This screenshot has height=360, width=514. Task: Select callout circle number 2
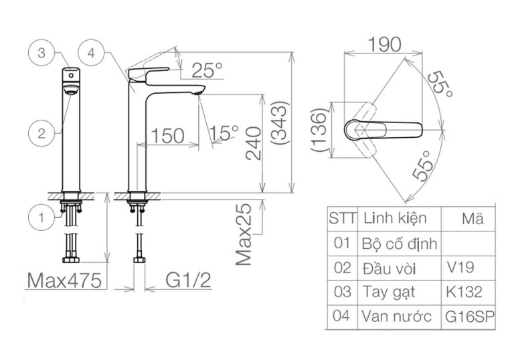(x=41, y=133)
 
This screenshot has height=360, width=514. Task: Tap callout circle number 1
(x=41, y=216)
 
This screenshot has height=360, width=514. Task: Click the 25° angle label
(x=206, y=69)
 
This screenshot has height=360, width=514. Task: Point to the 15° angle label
(x=224, y=133)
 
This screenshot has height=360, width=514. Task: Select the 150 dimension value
(x=167, y=136)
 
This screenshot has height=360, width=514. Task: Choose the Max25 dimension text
(x=246, y=234)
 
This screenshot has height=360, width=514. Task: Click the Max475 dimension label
(x=65, y=280)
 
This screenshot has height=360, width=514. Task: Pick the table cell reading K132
(x=462, y=292)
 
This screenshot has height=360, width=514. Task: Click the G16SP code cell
(x=469, y=317)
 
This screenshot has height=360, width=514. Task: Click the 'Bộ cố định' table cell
(x=399, y=243)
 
